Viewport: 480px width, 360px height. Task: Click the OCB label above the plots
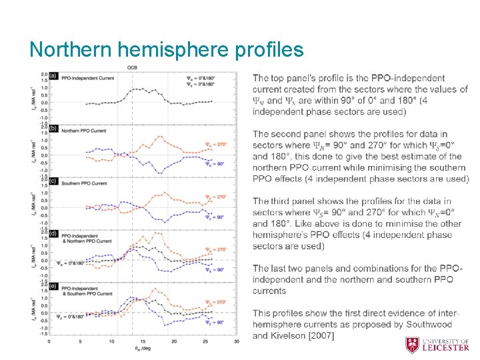132,67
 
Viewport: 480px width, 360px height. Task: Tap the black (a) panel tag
53,75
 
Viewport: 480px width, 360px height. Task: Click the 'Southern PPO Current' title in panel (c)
83,183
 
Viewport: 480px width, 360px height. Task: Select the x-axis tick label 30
237,342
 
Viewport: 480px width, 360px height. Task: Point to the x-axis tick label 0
49,342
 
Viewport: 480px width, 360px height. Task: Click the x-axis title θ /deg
142,349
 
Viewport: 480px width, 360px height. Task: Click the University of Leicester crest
413,345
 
